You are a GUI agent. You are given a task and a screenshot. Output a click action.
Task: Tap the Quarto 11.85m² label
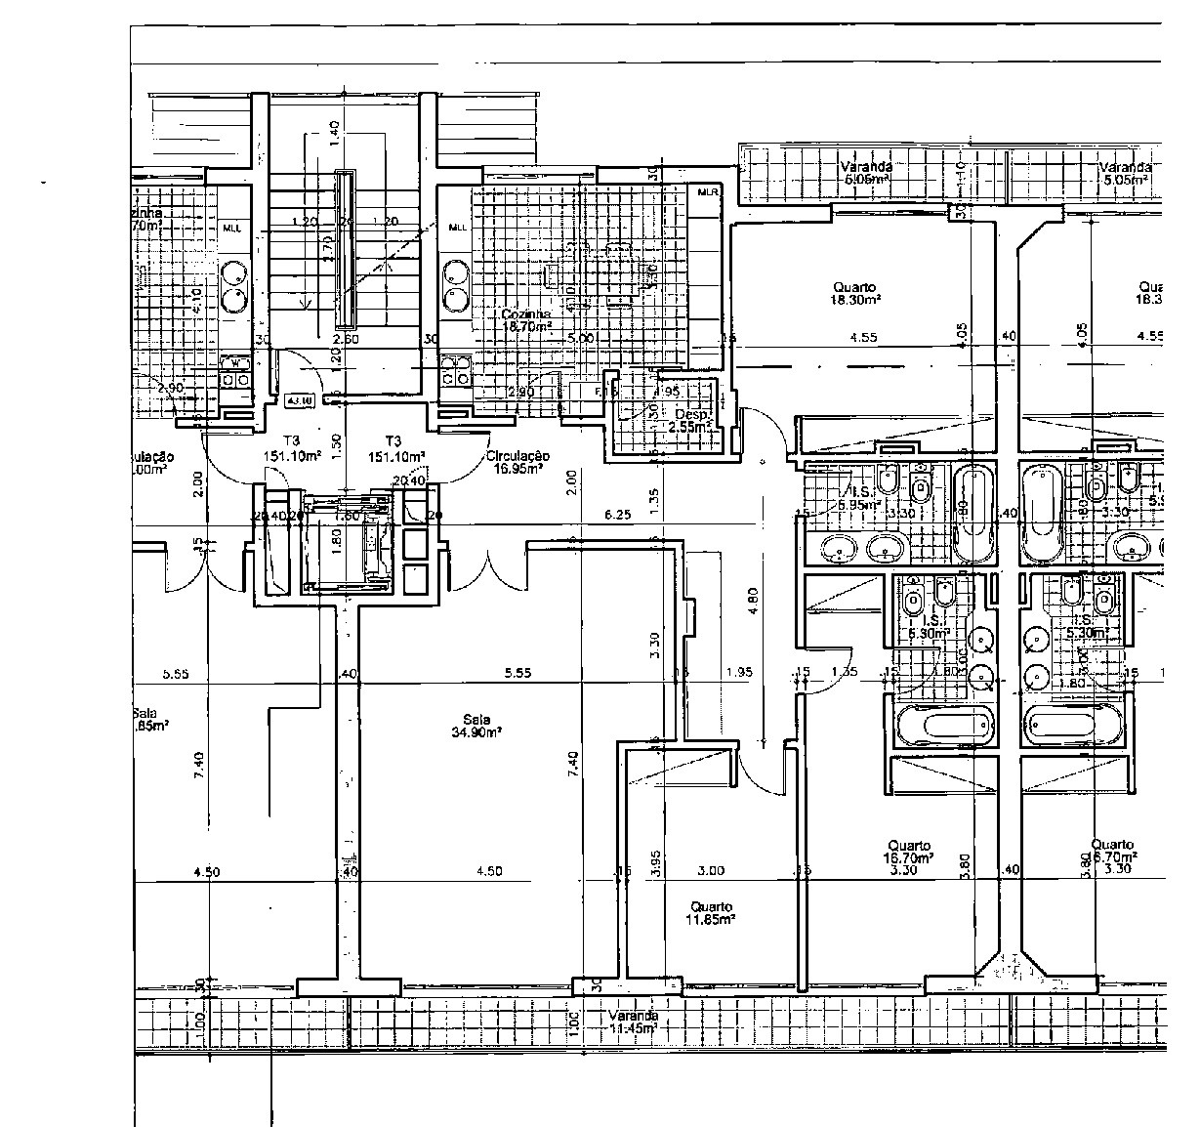point(711,913)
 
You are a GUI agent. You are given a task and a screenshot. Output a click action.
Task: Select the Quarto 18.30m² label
point(854,294)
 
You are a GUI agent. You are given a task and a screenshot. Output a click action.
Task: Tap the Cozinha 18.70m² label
point(527,320)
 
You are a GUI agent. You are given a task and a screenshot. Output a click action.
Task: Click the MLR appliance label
point(708,192)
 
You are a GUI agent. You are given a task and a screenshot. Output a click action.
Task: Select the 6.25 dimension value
point(617,514)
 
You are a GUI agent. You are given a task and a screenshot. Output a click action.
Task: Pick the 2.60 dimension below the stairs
point(346,339)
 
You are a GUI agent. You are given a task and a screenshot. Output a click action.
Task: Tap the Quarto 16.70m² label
point(909,853)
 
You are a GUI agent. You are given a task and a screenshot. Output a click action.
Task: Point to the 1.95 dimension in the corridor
point(741,672)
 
